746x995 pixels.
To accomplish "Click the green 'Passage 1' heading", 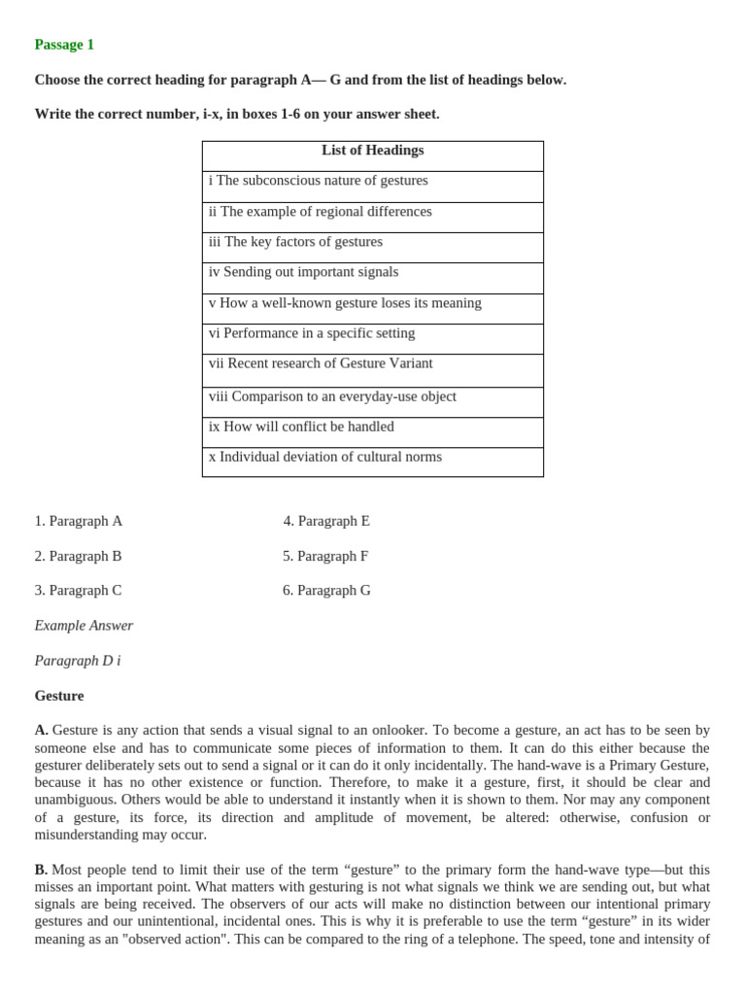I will pos(64,45).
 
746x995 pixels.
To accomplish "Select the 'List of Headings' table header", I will pos(372,151).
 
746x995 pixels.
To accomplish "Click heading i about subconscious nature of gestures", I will pos(318,181).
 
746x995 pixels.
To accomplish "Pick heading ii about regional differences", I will pos(320,212).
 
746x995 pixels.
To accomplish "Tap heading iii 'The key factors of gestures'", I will pos(295,242).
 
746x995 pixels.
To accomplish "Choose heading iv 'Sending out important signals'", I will pos(303,272).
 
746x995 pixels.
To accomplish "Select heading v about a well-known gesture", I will pos(345,303).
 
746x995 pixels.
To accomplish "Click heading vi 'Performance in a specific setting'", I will pos(311,333).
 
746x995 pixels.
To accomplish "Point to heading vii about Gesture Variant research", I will pos(321,363).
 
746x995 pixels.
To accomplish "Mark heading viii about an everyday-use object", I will pos(332,396).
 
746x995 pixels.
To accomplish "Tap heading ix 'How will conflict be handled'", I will pos(301,427).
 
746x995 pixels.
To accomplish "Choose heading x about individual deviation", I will pos(324,457).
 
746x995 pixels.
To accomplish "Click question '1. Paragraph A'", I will pos(79,521).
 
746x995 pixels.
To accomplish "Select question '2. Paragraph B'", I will pos(79,556).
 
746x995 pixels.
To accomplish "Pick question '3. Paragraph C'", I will pos(79,591).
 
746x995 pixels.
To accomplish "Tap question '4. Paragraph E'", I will pos(326,521).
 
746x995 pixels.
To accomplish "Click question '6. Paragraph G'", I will pos(326,591).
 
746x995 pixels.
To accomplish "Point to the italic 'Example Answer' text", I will pos(84,626).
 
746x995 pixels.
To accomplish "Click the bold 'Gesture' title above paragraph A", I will pos(59,696).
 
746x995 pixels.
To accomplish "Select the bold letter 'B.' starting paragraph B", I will pos(41,870).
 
